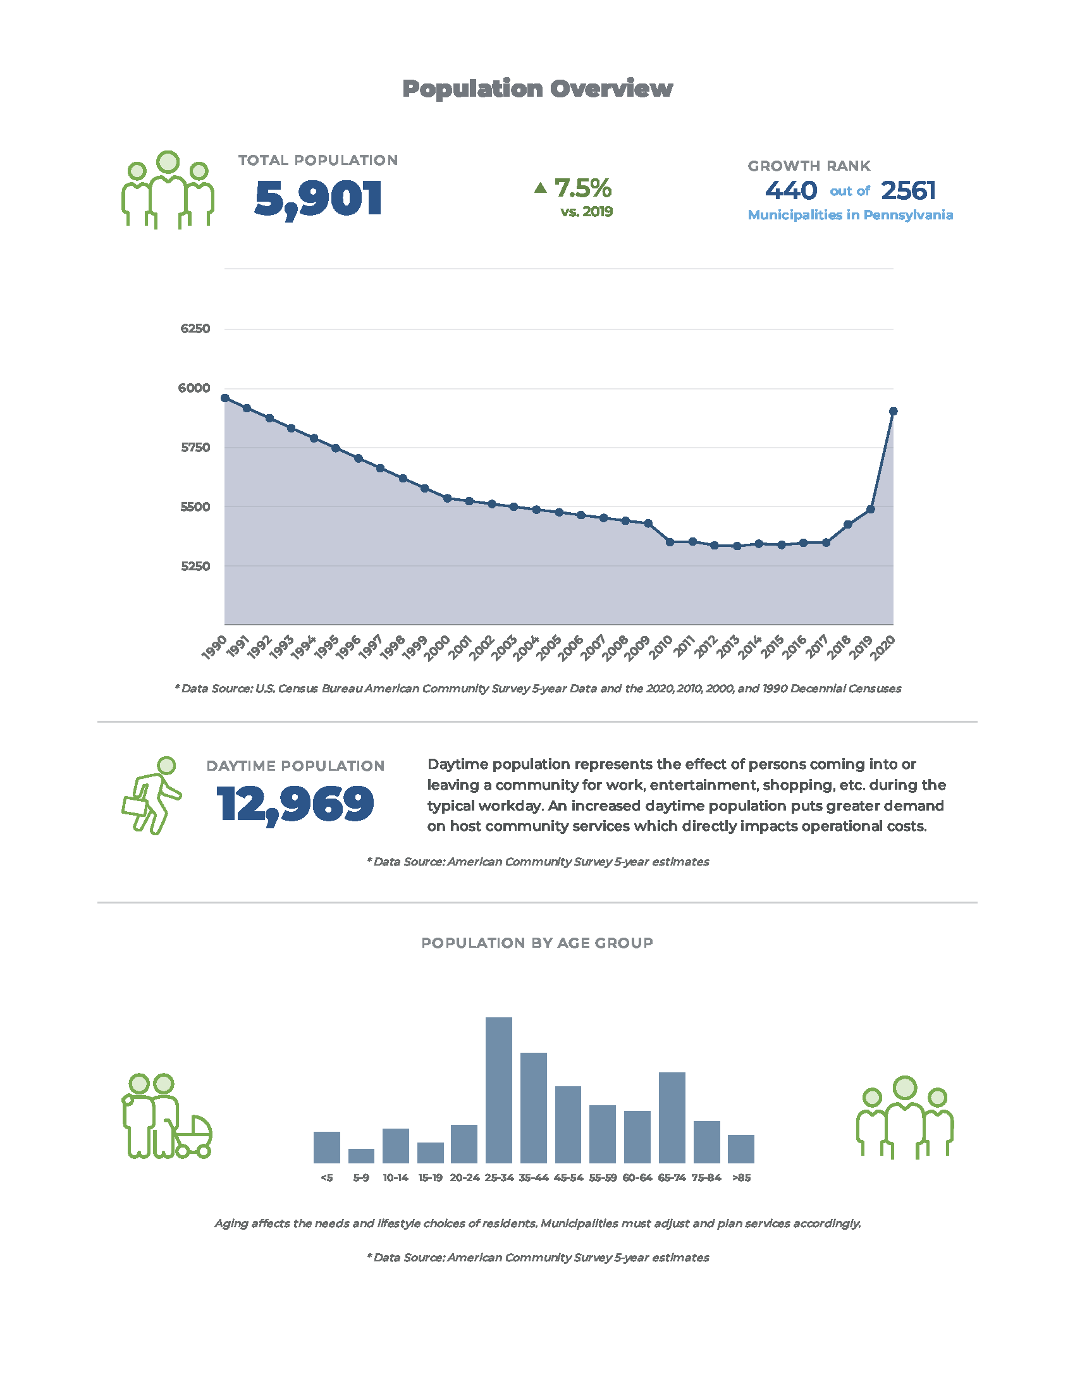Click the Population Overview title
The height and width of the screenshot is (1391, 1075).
[537, 89]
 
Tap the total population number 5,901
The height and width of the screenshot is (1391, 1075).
[318, 199]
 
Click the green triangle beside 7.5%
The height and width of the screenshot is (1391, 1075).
[540, 187]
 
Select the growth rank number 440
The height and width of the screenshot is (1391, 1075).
[790, 190]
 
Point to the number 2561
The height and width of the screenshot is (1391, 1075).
[908, 190]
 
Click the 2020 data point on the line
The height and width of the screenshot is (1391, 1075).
[893, 412]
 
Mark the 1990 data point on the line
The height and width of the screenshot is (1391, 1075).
[225, 398]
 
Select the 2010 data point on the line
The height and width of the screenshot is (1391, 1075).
[670, 542]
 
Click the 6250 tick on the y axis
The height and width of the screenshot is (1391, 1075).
[195, 329]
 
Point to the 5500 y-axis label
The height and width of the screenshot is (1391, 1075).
[195, 507]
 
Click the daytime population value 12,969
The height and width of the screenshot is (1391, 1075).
[295, 804]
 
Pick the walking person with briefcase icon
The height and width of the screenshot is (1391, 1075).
[152, 795]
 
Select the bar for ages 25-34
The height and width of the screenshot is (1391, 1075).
[499, 1090]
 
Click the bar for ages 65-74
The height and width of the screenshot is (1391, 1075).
[672, 1117]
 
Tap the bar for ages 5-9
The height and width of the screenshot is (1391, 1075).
[361, 1155]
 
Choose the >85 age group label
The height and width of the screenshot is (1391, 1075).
[741, 1178]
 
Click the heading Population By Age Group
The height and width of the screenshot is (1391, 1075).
[537, 943]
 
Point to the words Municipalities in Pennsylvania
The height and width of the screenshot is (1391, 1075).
[849, 215]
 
